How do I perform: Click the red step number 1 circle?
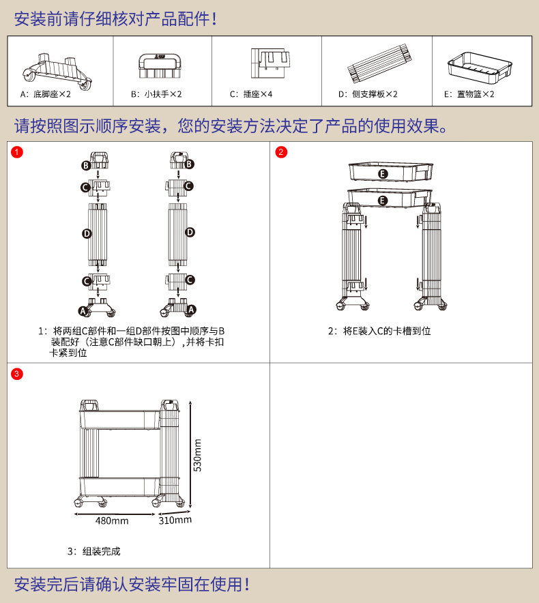17,152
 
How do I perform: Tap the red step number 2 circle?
281,152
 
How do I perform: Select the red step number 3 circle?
17,374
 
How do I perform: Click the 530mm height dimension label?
197,455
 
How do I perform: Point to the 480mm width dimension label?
112,521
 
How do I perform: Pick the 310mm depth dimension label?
175,520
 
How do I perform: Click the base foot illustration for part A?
57,68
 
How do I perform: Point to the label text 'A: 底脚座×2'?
46,94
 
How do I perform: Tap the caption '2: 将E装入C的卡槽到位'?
379,331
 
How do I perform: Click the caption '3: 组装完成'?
93,551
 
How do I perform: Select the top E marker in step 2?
383,175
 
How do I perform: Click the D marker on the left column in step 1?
87,234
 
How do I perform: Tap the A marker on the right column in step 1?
190,310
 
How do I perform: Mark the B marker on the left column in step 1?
86,164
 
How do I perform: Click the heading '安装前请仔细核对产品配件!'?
115,18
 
